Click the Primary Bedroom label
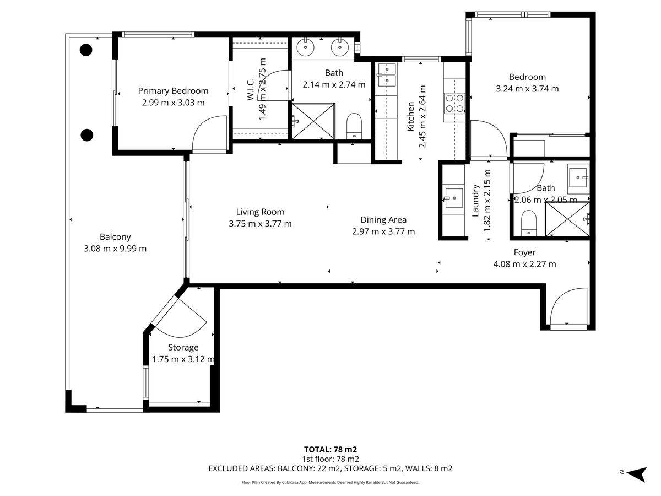(x=173, y=91)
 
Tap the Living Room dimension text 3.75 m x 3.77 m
(x=260, y=224)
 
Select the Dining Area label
(x=383, y=220)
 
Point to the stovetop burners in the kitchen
(x=454, y=103)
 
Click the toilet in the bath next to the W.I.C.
(x=354, y=126)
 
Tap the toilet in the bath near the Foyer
(x=529, y=223)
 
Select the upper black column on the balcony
(x=86, y=50)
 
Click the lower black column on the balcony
(x=87, y=135)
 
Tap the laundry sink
(x=454, y=198)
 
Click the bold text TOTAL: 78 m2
(x=330, y=450)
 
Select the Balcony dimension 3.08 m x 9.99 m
(x=115, y=249)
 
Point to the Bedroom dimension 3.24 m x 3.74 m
(x=527, y=89)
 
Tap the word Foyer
(x=524, y=252)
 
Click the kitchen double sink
(x=387, y=75)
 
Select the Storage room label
(x=183, y=348)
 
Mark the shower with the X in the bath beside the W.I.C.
(x=313, y=121)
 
